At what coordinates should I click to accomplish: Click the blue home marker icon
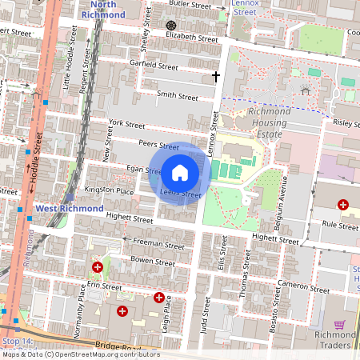[180, 172]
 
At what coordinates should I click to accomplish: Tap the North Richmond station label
[103, 10]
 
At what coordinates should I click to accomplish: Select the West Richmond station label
[70, 208]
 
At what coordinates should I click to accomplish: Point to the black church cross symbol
[215, 77]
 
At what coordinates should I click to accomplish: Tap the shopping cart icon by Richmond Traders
[339, 325]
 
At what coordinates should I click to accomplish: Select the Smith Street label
[177, 96]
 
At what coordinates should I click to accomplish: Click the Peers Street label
[158, 146]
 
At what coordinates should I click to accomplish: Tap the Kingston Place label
[114, 191]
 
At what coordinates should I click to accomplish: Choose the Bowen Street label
[152, 262]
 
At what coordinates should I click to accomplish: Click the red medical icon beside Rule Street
[343, 206]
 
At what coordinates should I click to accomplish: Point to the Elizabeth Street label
[191, 38]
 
